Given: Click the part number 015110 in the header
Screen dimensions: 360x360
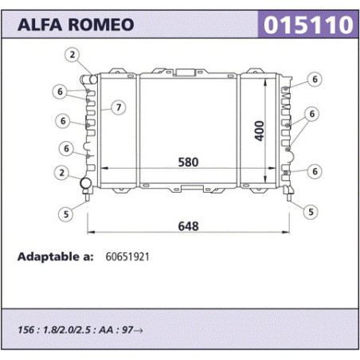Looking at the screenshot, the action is click(x=308, y=25).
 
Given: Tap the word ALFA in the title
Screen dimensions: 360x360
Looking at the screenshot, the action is click(x=40, y=25).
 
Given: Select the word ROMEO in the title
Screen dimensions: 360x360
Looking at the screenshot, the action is click(x=101, y=25).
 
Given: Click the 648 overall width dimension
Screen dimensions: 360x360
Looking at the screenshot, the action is click(x=188, y=226).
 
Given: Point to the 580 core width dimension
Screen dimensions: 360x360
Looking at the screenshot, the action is click(x=188, y=162).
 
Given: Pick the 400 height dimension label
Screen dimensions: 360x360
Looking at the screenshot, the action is click(x=260, y=131).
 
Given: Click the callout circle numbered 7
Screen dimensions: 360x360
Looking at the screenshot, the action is click(x=119, y=108).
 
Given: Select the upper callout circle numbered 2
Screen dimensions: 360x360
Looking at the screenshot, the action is click(x=72, y=55).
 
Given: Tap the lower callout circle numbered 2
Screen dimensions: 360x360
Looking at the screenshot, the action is click(x=61, y=173).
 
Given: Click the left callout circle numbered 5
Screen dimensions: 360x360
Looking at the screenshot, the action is click(x=66, y=214).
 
